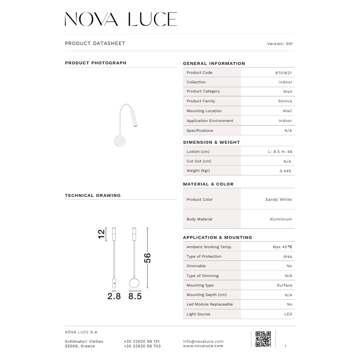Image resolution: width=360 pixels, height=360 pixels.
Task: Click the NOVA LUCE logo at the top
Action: click(121, 19)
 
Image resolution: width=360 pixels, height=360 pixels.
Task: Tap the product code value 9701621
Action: click(283, 73)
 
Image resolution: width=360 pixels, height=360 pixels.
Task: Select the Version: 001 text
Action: click(280, 44)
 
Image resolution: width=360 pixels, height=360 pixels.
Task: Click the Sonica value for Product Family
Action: click(285, 101)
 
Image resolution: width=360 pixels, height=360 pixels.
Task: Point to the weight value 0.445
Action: click(285, 171)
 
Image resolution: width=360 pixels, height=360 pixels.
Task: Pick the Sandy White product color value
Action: click(278, 200)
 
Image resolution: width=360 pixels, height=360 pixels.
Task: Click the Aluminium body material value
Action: click(281, 219)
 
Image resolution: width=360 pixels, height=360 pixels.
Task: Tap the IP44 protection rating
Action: click(288, 257)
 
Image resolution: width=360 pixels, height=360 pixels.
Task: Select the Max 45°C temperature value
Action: click(282, 247)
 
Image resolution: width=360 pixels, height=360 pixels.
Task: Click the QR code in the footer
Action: click(263, 339)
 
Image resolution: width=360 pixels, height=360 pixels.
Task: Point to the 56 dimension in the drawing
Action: click(148, 258)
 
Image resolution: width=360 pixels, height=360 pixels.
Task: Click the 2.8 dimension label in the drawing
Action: click(114, 297)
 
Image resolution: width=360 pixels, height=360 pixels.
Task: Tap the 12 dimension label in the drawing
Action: click(101, 234)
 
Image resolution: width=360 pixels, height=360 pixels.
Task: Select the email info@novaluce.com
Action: click(203, 341)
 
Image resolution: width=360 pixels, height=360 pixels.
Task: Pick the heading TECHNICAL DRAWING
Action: click(93, 195)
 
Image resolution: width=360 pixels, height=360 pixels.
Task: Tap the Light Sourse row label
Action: click(198, 314)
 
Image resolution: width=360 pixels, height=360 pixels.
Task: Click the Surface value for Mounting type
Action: click(284, 285)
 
